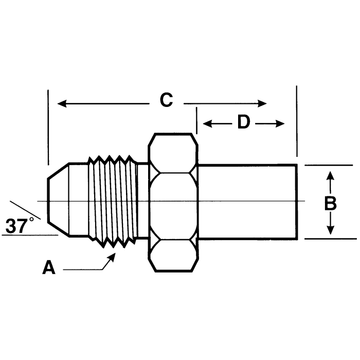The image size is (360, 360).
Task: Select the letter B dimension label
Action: click(x=330, y=203)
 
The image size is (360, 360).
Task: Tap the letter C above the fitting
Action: click(x=166, y=100)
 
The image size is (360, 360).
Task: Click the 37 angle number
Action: click(x=16, y=226)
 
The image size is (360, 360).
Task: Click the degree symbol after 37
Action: click(x=31, y=220)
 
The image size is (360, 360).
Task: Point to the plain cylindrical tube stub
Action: click(x=247, y=202)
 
